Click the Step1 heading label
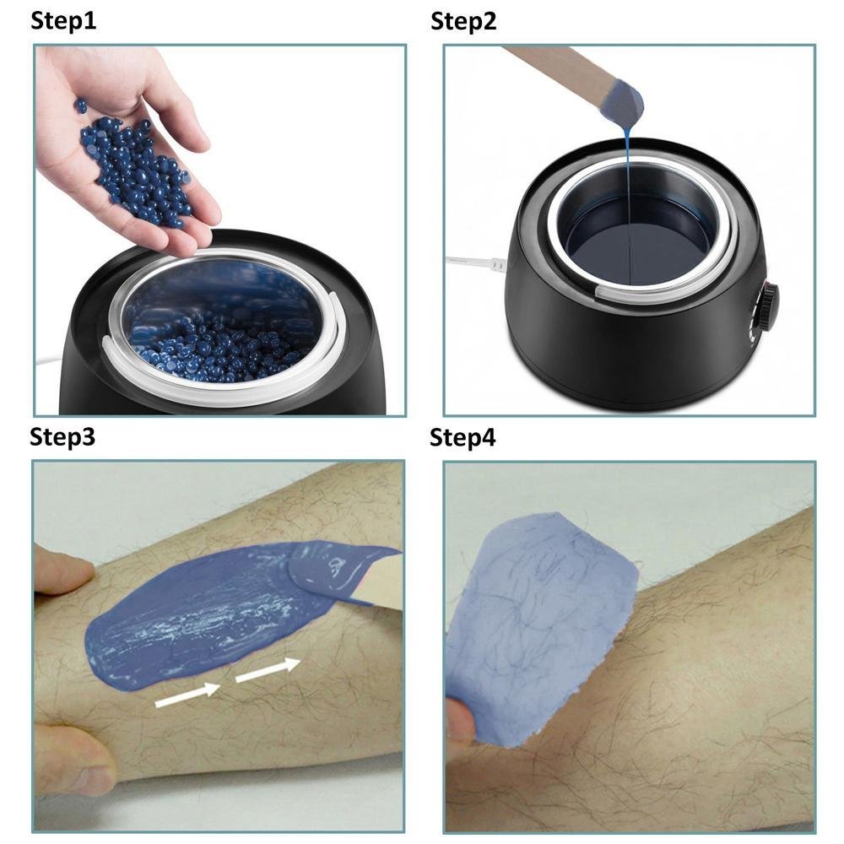click(x=63, y=21)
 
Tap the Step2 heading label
click(x=463, y=22)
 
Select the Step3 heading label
click(x=62, y=436)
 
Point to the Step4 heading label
click(x=463, y=437)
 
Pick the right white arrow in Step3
click(x=268, y=670)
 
